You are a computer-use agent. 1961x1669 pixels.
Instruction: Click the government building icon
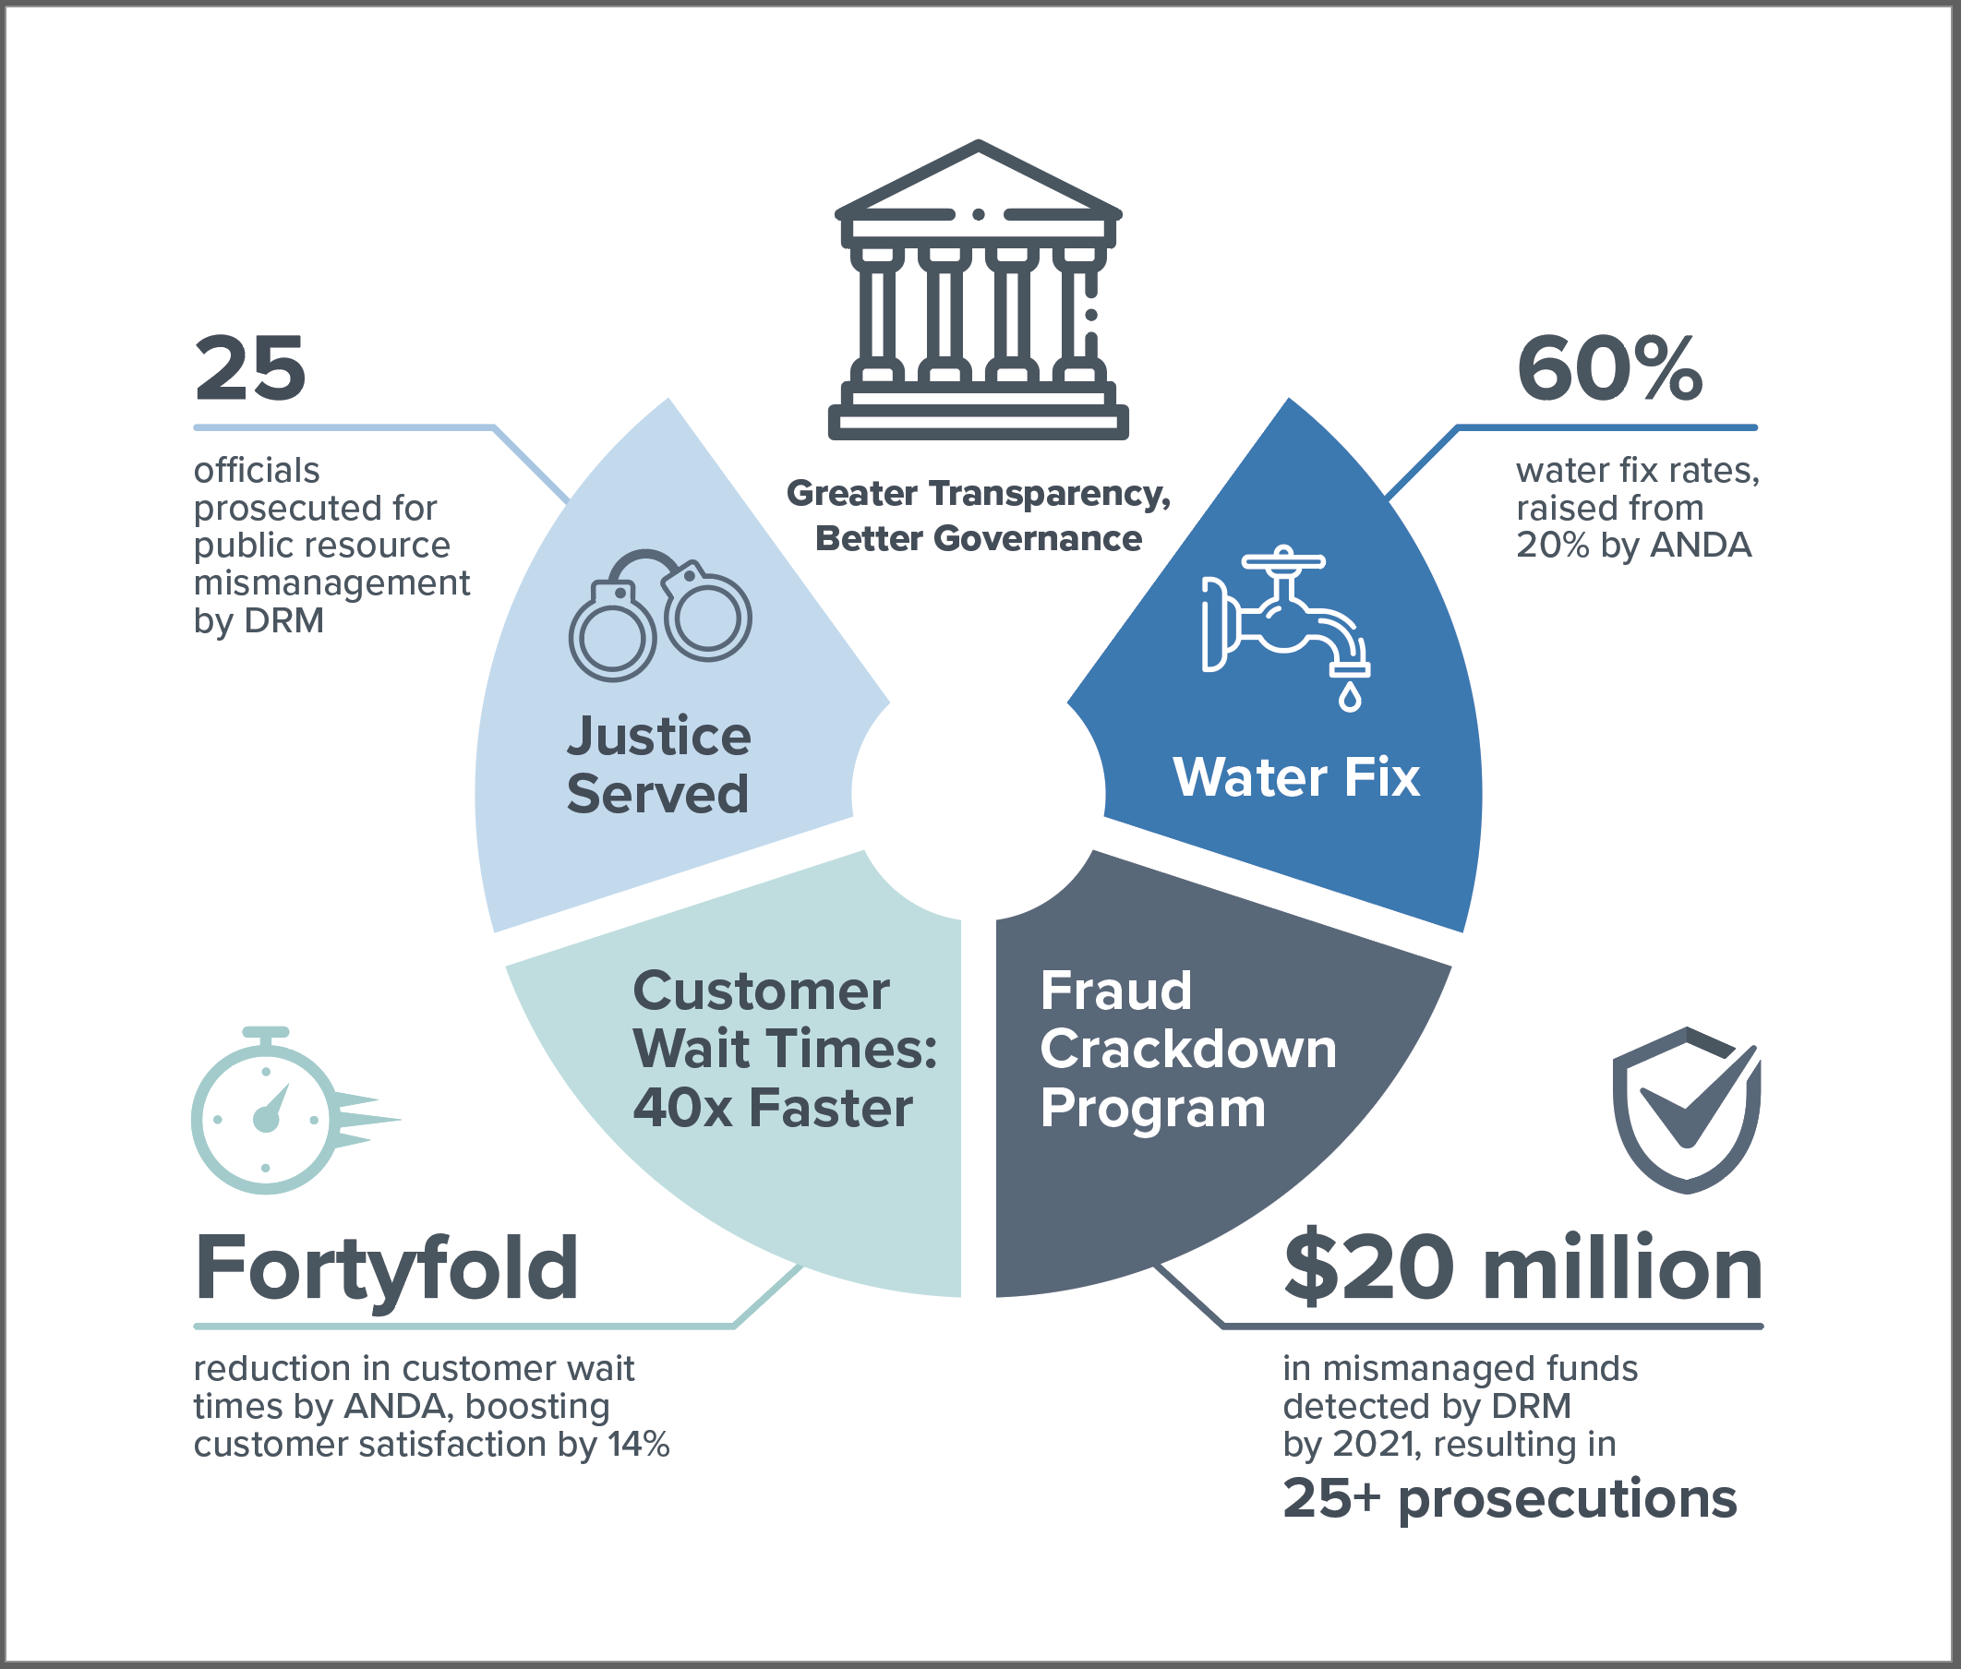coord(978,294)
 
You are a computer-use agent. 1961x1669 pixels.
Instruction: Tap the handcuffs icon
coord(659,615)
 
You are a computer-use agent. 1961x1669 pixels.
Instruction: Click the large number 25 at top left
coord(250,369)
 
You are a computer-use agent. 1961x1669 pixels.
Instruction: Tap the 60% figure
coord(1609,369)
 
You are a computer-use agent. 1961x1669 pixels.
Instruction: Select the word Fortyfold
coord(386,1267)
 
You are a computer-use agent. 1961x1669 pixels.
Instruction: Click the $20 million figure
coord(1522,1267)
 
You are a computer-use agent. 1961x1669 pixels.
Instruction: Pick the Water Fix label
coord(1295,778)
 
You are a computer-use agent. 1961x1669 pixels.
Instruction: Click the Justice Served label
coord(658,764)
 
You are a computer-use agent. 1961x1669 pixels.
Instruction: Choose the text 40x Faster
coord(772,1108)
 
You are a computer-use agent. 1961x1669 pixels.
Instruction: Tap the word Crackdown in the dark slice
coord(1187,1050)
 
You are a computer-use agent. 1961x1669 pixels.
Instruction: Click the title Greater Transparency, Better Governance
coord(978,516)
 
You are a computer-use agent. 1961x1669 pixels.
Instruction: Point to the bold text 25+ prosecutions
coord(1510,1499)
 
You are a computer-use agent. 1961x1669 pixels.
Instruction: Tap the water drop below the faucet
coord(1350,698)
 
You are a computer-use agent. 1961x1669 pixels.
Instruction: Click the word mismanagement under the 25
coord(331,582)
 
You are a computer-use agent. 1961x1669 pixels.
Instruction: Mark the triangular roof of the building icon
coord(978,180)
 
